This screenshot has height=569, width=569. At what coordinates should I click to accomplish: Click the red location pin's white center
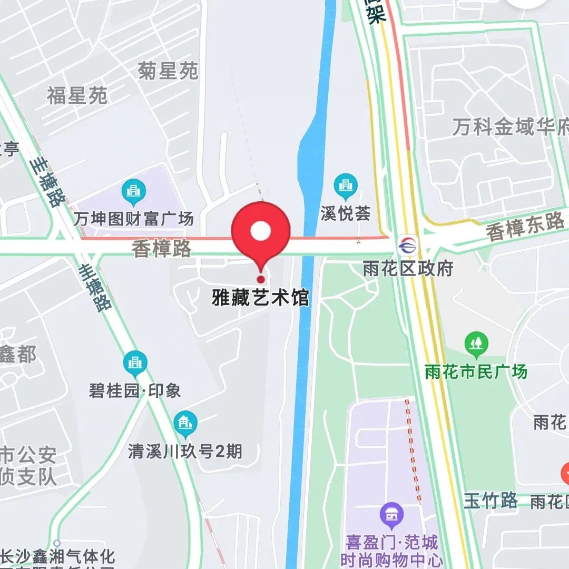coord(261,231)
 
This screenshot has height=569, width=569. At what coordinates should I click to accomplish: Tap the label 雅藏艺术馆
coord(260,297)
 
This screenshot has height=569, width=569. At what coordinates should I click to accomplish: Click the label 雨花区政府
coord(408,269)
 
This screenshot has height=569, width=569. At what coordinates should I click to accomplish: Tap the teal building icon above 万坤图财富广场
coord(134,191)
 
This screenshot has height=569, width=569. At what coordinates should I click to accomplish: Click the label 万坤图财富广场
coord(133,218)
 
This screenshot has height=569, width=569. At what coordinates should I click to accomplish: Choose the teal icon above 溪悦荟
coord(346,185)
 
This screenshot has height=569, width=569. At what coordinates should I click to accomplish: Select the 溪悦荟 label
coord(346,212)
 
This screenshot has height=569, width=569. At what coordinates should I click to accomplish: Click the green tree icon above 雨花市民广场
coord(476,344)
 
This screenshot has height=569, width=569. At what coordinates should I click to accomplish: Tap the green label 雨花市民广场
coord(476,371)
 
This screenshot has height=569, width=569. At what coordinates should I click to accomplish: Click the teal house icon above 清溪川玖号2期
coord(185,423)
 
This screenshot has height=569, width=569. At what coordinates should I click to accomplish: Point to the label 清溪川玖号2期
coord(185,451)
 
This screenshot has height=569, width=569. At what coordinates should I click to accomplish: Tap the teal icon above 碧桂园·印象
coord(135,362)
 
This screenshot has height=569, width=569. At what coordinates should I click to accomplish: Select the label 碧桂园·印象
coord(135,390)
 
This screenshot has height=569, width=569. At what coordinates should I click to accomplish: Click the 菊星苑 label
coord(168,71)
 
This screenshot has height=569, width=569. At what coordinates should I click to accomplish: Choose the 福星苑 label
coord(77,96)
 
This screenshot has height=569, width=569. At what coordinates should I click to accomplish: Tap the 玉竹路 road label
coord(490,501)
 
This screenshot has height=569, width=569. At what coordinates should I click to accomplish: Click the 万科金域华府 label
coord(510,127)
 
